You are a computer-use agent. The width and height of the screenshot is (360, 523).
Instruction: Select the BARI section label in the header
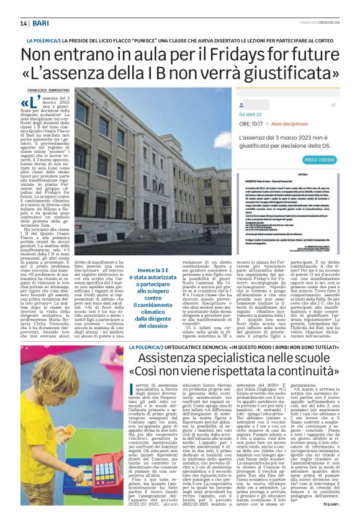pyautogui.click(x=41, y=23)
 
